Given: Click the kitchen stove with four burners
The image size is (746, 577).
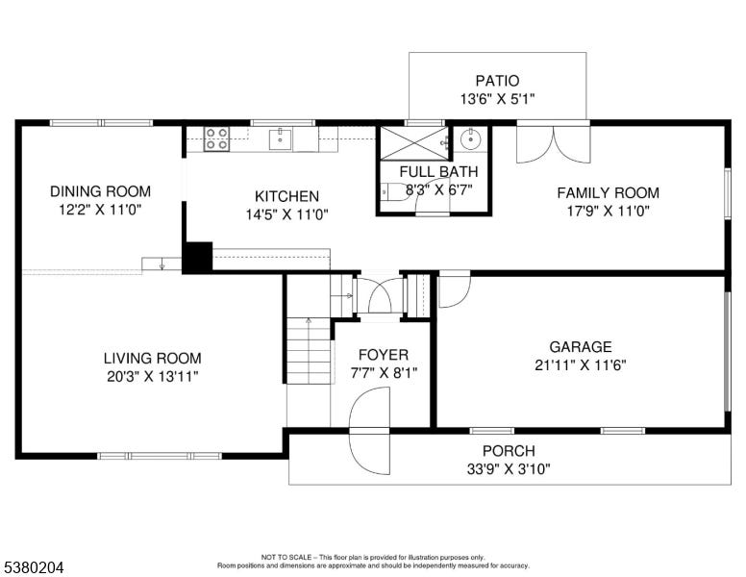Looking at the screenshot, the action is [x=216, y=139].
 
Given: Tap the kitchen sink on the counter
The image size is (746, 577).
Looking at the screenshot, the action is [x=281, y=139].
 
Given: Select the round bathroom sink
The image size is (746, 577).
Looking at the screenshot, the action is [x=470, y=139].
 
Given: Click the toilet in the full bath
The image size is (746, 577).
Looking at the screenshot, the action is [x=394, y=192].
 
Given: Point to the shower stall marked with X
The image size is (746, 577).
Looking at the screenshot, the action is [x=414, y=143].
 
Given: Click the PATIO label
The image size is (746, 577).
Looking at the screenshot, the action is [x=497, y=81].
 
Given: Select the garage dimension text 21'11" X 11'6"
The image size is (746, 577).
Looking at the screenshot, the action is [x=580, y=365].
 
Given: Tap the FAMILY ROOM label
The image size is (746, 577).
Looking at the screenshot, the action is [x=608, y=192].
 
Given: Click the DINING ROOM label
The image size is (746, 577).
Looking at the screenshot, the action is [x=100, y=191].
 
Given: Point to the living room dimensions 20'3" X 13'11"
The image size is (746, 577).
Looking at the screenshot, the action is [x=152, y=377].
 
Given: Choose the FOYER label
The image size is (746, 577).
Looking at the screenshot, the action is [x=383, y=355].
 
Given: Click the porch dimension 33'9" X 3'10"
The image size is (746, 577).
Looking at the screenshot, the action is [x=509, y=469].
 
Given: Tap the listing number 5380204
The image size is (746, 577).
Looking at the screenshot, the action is [x=34, y=567].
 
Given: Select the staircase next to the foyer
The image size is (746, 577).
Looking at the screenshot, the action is [x=309, y=351].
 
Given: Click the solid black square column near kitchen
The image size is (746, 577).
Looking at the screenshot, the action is [x=197, y=257].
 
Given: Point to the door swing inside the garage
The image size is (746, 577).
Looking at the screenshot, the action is [x=455, y=289].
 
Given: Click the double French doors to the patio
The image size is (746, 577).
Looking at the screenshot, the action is [x=554, y=143].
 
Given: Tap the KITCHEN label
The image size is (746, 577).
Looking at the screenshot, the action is [x=286, y=196].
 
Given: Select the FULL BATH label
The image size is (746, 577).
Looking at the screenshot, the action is [x=438, y=171].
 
